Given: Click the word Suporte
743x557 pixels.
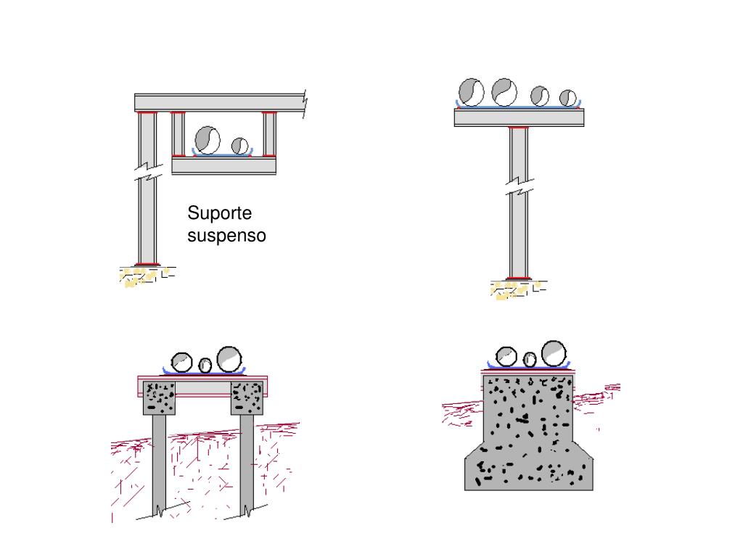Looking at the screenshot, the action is pyautogui.click(x=219, y=214).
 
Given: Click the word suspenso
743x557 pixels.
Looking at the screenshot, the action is pyautogui.click(x=226, y=236).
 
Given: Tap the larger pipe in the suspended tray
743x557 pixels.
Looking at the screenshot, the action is pyautogui.click(x=208, y=140).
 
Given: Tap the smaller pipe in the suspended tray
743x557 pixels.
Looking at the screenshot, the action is pyautogui.click(x=239, y=145).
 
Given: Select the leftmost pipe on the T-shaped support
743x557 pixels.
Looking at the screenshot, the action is pyautogui.click(x=472, y=92).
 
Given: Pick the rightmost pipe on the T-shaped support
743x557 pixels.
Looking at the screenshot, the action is pyautogui.click(x=567, y=98).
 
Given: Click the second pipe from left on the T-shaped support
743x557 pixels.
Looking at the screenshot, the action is pyautogui.click(x=504, y=92).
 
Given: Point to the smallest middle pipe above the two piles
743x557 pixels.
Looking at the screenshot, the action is pyautogui.click(x=205, y=366).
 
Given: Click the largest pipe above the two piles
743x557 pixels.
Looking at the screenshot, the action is pyautogui.click(x=229, y=358).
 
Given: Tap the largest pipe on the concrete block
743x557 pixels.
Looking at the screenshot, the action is pyautogui.click(x=554, y=353).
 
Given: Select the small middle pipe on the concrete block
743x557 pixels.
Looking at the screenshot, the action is pyautogui.click(x=529, y=360).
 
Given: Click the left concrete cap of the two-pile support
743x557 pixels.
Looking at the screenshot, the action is pyautogui.click(x=159, y=398).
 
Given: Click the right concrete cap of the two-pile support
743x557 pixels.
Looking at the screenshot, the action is pyautogui.click(x=247, y=398).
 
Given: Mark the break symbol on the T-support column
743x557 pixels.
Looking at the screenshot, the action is pyautogui.click(x=520, y=186).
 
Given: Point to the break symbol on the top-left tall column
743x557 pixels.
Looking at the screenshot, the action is pyautogui.click(x=148, y=172).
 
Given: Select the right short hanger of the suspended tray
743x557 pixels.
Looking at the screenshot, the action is pyautogui.click(x=269, y=134).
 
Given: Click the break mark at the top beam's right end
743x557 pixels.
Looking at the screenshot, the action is pyautogui.click(x=305, y=104).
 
